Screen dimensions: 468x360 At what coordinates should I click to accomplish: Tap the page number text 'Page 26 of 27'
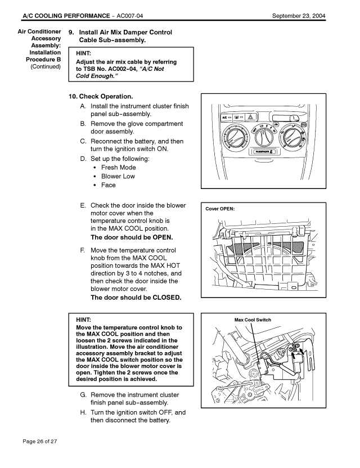(x=40, y=441)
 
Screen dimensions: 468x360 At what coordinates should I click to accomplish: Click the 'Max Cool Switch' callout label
(x=253, y=320)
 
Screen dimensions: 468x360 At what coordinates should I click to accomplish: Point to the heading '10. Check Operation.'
(x=101, y=96)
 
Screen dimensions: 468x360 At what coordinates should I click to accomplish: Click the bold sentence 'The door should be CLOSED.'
(x=136, y=298)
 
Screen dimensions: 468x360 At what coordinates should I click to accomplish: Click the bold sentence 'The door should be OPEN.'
(x=132, y=237)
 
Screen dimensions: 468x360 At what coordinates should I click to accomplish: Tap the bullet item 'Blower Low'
(x=118, y=176)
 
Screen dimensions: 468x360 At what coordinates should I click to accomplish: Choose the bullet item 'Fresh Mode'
(x=119, y=167)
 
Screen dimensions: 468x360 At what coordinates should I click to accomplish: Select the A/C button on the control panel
(x=227, y=118)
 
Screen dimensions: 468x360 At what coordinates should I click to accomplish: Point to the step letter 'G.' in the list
(x=83, y=395)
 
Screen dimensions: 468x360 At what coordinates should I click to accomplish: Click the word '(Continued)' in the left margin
(x=46, y=67)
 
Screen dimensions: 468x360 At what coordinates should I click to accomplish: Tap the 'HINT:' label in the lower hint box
(x=84, y=319)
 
